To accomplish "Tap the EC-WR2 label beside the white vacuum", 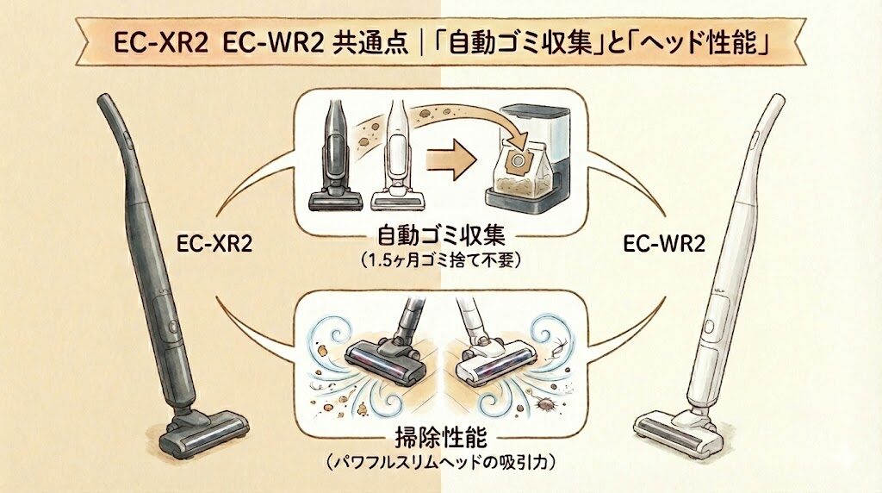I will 664,245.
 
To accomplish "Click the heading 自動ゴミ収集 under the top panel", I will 441,236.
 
